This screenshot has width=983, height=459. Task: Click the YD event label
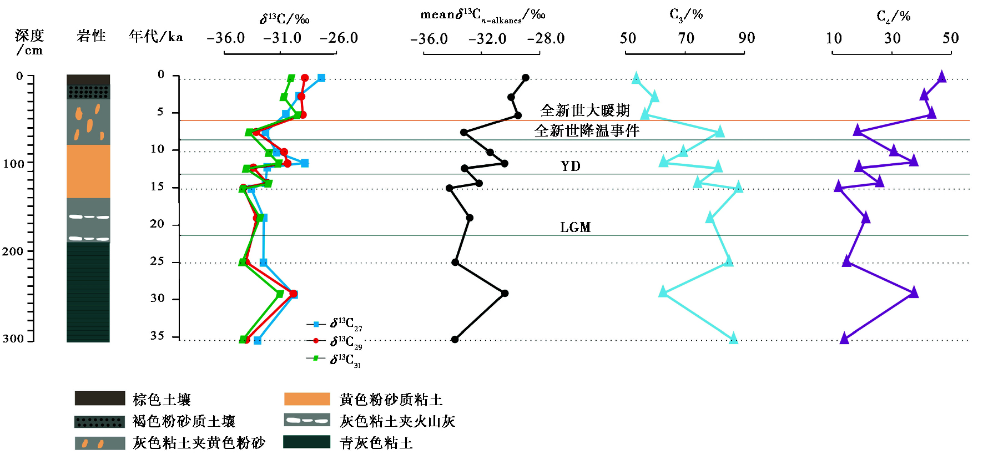(x=571, y=167)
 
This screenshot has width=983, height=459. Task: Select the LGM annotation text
(x=575, y=227)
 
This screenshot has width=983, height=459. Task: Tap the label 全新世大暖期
(x=585, y=110)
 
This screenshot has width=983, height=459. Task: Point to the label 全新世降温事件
(x=587, y=130)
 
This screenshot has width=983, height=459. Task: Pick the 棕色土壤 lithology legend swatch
(x=100, y=399)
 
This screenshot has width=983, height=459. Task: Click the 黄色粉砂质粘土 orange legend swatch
(x=307, y=399)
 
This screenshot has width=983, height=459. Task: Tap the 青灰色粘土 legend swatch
(x=307, y=442)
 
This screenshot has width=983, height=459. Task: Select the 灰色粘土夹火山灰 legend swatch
(x=307, y=420)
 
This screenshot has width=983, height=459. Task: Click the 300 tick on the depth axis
(x=13, y=339)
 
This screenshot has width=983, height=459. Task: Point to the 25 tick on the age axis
(x=157, y=261)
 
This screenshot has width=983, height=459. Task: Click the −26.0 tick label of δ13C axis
(x=339, y=38)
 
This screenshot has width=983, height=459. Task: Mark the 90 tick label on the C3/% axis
(x=747, y=38)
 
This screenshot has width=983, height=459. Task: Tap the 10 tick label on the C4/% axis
(x=834, y=38)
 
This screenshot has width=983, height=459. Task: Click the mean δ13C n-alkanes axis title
(x=482, y=15)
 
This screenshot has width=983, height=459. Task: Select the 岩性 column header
(x=91, y=37)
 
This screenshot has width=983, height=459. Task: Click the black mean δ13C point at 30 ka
(x=505, y=293)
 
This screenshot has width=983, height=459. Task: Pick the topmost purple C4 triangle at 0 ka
(x=941, y=77)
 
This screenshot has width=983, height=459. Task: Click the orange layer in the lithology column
(x=88, y=171)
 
